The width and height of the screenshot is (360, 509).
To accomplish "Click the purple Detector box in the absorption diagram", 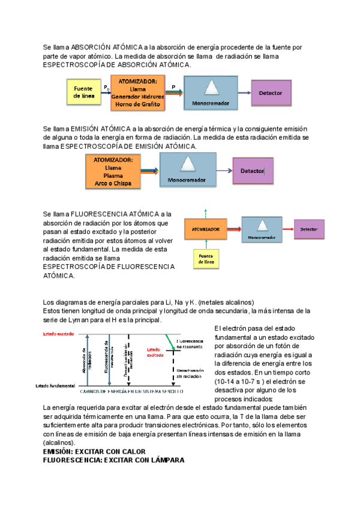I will click(x=271, y=93).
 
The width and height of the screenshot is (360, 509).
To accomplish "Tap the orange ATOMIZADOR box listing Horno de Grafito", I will click(x=138, y=92).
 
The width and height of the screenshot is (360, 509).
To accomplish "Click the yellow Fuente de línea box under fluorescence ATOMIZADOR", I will click(x=206, y=258).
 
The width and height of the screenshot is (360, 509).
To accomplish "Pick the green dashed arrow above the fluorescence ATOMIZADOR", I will click(x=206, y=215).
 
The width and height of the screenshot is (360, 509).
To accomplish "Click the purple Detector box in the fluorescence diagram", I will click(x=309, y=229).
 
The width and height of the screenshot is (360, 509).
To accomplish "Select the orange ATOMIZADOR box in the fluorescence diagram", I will click(x=206, y=229).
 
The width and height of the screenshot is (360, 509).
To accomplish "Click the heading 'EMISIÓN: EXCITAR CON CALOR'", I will click(x=94, y=451).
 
